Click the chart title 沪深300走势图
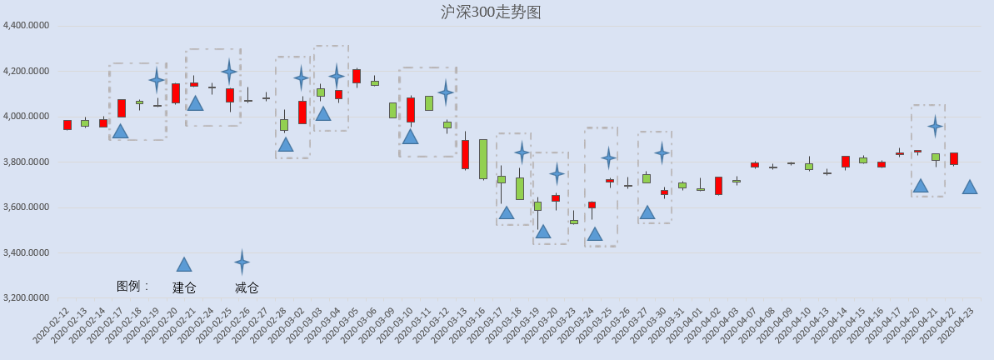pyautogui.click(x=491, y=12)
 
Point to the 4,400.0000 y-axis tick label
pyautogui.click(x=27, y=26)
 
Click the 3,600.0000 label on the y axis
pyautogui.click(x=27, y=207)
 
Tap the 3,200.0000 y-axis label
pyautogui.click(x=27, y=297)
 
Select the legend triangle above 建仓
pyautogui.click(x=184, y=264)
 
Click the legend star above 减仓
pyautogui.click(x=242, y=262)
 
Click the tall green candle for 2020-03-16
pyautogui.click(x=483, y=159)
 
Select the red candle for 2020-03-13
pyautogui.click(x=465, y=154)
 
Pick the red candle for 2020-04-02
pyautogui.click(x=718, y=186)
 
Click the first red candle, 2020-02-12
pyautogui.click(x=67, y=125)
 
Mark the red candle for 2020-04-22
pyautogui.click(x=953, y=158)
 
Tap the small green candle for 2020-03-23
pyautogui.click(x=574, y=222)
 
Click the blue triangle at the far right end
pyautogui.click(x=969, y=187)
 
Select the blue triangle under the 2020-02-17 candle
pyautogui.click(x=121, y=131)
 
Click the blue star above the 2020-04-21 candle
pyautogui.click(x=935, y=126)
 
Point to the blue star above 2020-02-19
pyautogui.click(x=157, y=80)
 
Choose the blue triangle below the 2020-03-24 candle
pyautogui.click(x=595, y=234)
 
